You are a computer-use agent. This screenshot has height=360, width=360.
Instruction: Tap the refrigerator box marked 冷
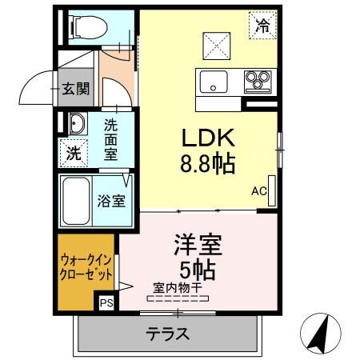coord(262,25)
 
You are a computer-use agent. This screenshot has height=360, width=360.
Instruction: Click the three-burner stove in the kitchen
coord(258,80)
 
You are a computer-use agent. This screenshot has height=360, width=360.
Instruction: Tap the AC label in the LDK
coord(258,191)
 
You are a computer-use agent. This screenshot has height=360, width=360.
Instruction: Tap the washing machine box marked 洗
coord(73,153)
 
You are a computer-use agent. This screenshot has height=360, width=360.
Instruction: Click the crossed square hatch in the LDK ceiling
coord(214,42)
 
